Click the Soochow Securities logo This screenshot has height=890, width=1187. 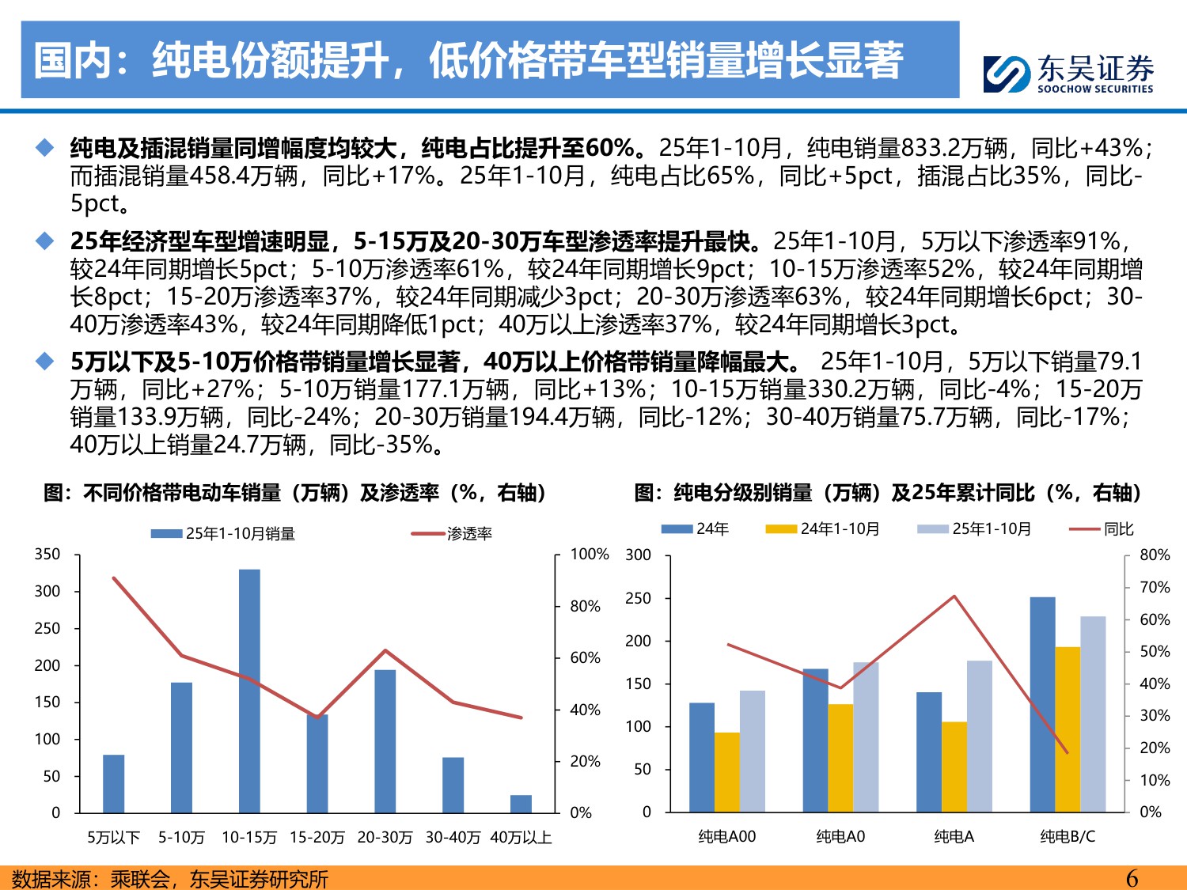1068,74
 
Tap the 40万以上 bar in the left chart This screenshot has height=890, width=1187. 521,804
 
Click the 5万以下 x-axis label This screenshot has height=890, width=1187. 113,837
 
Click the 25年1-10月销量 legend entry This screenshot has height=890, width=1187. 224,534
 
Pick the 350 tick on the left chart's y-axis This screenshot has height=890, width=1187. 47,554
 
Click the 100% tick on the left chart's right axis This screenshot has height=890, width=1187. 589,554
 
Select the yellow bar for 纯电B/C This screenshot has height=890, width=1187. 1068,729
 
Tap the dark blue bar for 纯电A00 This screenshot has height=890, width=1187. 702,756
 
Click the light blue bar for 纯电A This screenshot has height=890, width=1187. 979,736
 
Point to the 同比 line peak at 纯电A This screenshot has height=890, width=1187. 954,596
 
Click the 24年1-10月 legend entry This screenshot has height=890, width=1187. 823,528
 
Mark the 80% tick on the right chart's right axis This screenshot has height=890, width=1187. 1154,555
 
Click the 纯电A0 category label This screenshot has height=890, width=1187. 840,836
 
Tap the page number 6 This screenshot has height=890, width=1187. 1132,878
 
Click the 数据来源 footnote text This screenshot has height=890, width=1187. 170,879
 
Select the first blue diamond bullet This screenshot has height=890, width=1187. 45,148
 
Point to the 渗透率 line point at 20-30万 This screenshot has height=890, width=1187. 385,650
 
